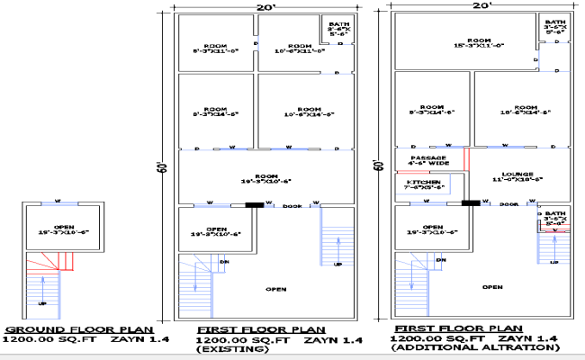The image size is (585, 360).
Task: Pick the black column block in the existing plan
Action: click(256, 205)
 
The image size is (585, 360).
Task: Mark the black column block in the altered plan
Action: click(469, 203)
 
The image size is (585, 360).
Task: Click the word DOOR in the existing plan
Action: click(291, 206)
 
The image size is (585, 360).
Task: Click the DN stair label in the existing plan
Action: click(225, 263)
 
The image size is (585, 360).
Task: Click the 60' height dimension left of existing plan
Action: click(163, 167)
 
